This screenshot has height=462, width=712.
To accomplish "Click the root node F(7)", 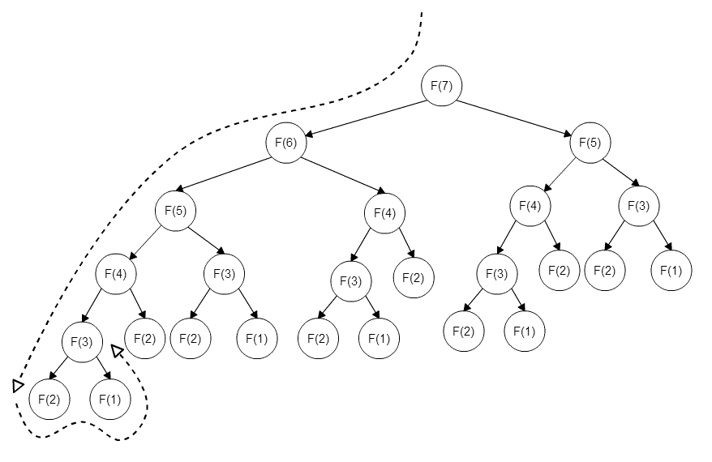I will pos(441,86).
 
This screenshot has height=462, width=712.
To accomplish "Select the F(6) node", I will pos(285,143).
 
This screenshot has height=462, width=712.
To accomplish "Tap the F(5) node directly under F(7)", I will pos(590,143).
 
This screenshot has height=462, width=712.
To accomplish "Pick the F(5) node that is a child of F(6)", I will pos(176,210).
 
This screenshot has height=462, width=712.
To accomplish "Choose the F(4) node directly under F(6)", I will pos(384,214).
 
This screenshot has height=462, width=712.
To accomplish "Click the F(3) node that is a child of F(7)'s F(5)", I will pos(639,205).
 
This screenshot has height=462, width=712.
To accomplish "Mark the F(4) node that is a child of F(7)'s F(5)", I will pos(530,205).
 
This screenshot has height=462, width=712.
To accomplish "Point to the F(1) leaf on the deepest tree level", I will pos(110,399).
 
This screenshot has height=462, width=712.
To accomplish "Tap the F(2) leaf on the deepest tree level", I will pos(49,399).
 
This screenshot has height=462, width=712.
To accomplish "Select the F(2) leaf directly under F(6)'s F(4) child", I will pos(414,278).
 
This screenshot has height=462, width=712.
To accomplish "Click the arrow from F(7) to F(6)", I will pos(363,115).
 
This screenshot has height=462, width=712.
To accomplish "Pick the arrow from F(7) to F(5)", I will pos(516,115).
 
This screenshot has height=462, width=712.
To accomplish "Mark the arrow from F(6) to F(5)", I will pos(231,177).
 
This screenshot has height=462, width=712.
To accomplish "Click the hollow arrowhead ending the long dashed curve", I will pos(18,385).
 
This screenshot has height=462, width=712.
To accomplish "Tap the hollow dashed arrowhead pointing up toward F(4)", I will pos(118,350).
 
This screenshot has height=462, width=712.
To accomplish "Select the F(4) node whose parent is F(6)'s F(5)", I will pos(115,273).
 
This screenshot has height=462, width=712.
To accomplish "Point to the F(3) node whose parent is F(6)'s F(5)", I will pos(223,273).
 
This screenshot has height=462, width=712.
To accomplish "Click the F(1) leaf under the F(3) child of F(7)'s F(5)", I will pos(671,271).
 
